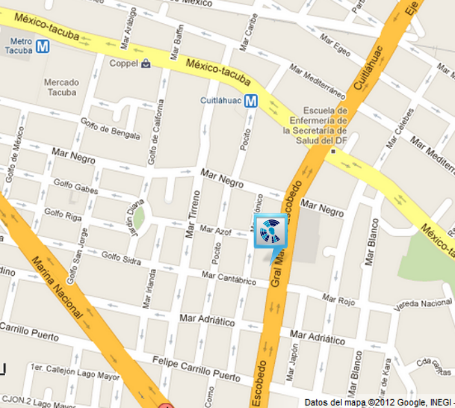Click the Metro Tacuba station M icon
point(43,46)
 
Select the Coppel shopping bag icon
point(147,63)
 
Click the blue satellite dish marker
point(270,231)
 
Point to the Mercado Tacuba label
point(61,87)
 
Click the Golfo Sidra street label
point(121,258)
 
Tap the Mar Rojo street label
point(338,299)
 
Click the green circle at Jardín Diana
point(139,215)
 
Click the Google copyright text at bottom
point(378,402)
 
